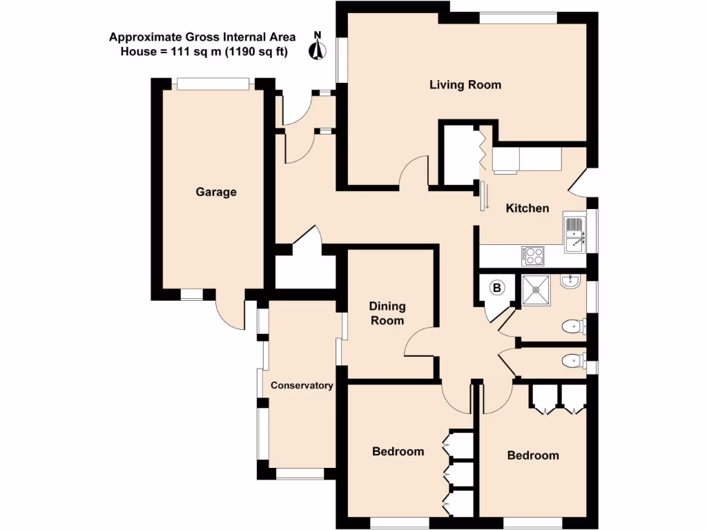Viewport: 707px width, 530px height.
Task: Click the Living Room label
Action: (465, 85)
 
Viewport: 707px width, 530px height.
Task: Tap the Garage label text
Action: (215, 192)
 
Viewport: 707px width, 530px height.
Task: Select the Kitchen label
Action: (527, 208)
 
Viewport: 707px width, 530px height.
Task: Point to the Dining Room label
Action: (387, 313)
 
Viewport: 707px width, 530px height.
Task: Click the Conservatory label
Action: (302, 386)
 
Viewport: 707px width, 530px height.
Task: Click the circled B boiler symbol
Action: (496, 288)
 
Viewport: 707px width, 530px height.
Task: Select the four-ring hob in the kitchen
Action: (533, 256)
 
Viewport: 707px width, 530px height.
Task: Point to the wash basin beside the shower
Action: (570, 281)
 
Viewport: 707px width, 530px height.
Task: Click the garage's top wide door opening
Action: (212, 84)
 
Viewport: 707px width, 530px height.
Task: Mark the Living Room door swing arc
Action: (416, 170)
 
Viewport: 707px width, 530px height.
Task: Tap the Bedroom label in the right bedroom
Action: (533, 455)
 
